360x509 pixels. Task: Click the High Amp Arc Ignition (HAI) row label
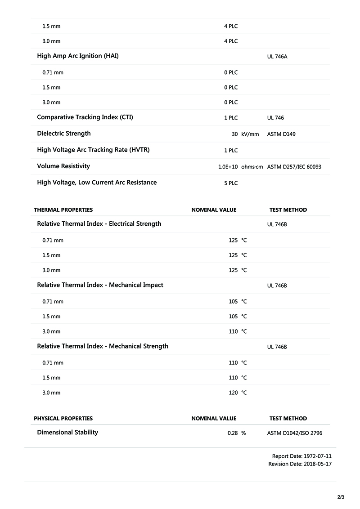point(78,56)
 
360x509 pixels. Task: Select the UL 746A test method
point(277,57)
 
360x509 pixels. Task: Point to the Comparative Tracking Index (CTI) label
point(85,117)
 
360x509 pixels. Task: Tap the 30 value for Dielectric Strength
point(234,134)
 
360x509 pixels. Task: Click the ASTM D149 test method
point(281,134)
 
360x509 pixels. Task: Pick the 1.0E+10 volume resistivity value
point(228,167)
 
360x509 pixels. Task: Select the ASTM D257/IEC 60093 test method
point(294,167)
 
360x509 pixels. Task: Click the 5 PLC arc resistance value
point(231,183)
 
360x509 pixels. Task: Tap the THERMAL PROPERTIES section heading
point(63,210)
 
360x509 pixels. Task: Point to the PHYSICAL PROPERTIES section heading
point(63,419)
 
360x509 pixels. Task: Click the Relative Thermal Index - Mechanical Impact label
point(100,285)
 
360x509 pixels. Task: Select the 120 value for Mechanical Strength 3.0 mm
point(233,393)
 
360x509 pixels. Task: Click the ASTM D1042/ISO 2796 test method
point(295,433)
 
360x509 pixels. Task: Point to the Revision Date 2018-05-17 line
point(300,464)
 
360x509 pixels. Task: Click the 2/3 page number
point(341,497)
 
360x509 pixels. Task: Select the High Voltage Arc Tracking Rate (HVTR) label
point(93,150)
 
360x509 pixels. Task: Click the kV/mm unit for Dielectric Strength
point(250,134)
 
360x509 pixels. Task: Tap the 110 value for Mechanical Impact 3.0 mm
point(233,332)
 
